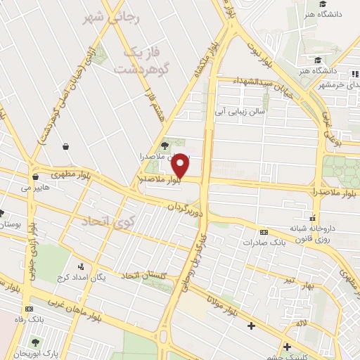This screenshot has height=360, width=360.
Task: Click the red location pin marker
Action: coord(181,166)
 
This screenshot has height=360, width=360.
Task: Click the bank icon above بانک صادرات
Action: coord(264,232)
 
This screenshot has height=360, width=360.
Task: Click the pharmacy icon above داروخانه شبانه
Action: coord(312,217)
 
